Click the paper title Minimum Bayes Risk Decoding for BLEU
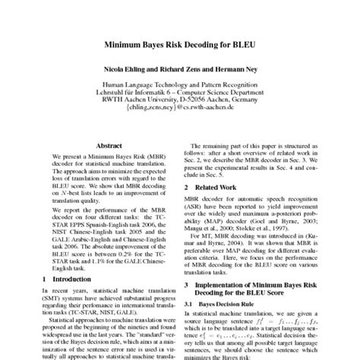tap(180, 45)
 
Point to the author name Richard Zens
tap(179, 68)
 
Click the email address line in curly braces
tap(179, 110)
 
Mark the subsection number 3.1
tap(194, 311)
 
